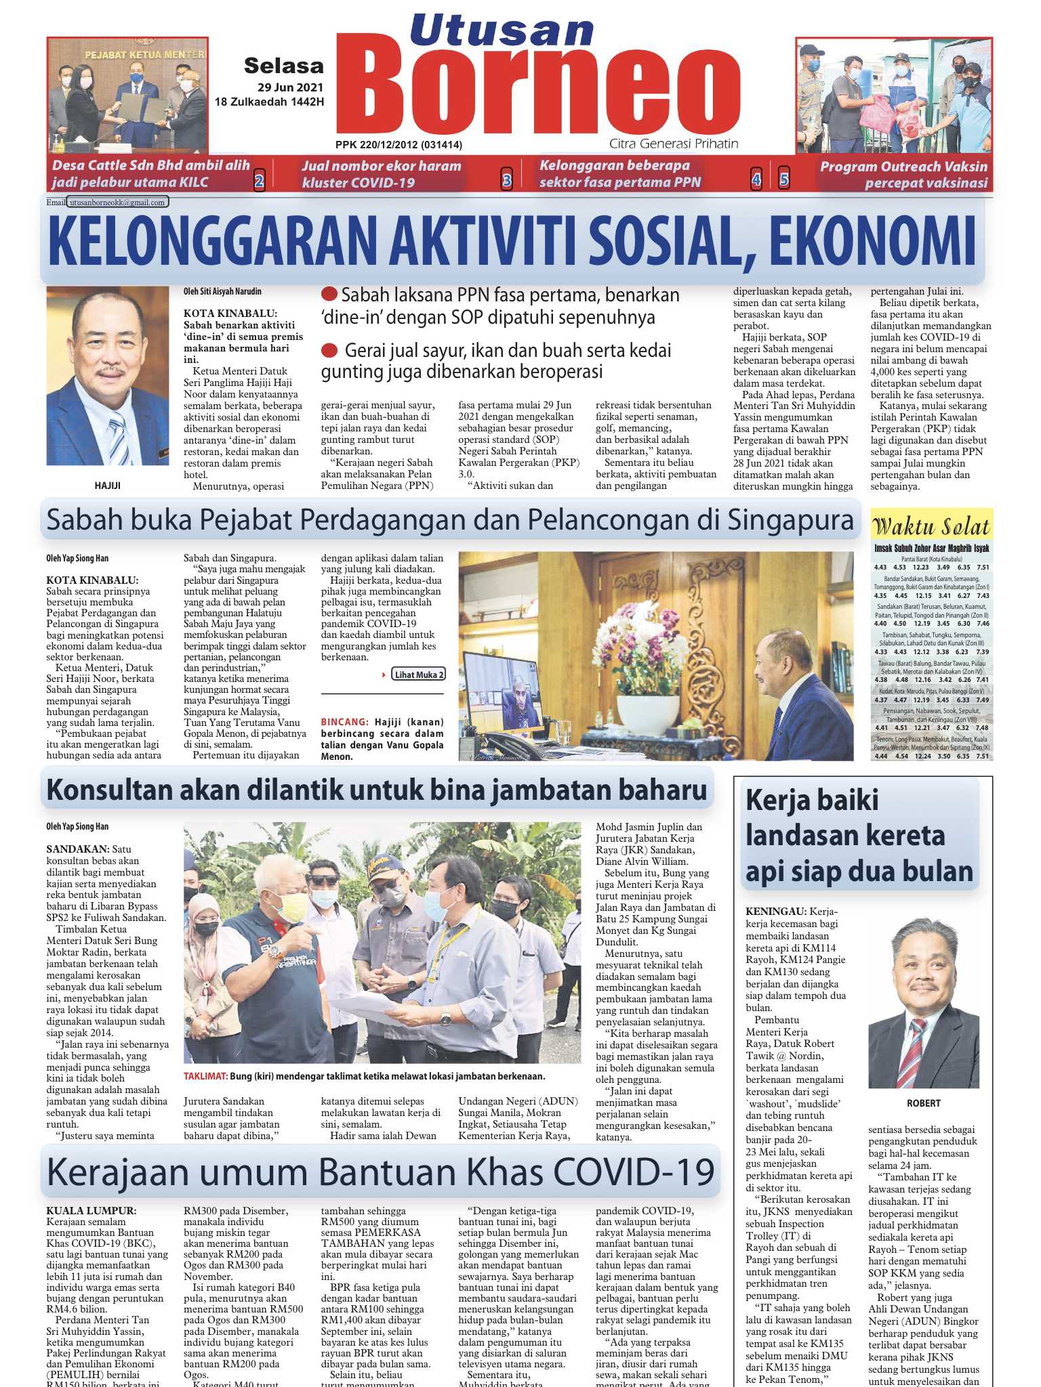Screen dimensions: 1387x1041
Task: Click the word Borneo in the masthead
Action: (546, 87)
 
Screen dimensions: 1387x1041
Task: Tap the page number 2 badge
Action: (259, 181)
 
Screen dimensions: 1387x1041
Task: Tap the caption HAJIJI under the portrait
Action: (108, 486)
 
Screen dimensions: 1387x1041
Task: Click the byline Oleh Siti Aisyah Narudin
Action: (222, 292)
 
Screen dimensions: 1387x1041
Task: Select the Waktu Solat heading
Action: (931, 526)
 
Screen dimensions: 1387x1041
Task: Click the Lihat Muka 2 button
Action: (418, 675)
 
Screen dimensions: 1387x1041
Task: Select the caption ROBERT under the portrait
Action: (924, 1103)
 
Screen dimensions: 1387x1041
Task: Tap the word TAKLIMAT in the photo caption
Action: (205, 1076)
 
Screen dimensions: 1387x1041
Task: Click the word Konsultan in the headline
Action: (110, 790)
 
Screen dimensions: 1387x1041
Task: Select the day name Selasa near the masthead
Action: (283, 66)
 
